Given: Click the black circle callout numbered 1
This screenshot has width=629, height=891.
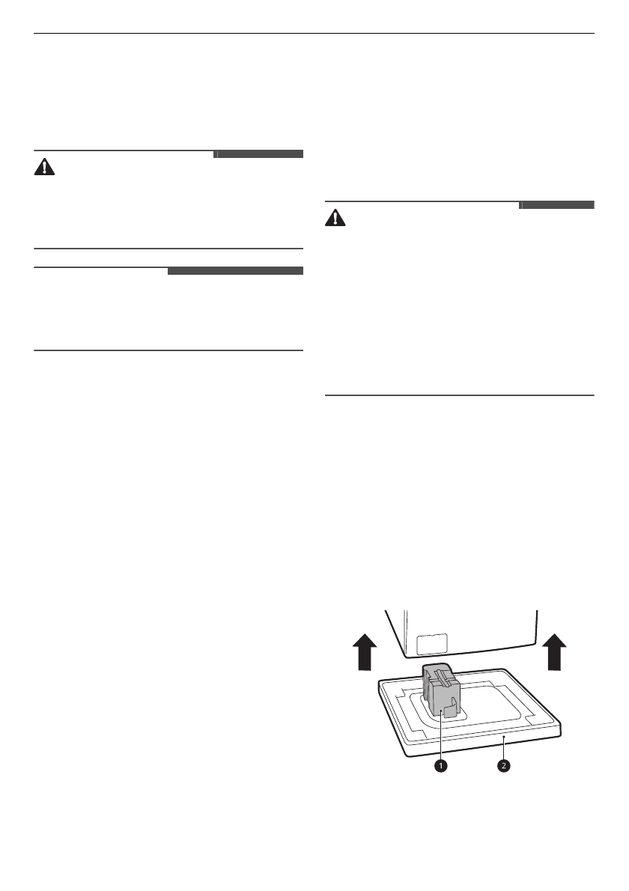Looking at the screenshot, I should [x=442, y=766].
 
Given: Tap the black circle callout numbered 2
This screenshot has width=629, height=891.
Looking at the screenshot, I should [x=505, y=766].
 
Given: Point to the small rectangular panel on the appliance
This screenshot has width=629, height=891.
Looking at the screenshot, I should [x=431, y=642].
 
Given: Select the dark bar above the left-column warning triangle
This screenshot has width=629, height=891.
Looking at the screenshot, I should [x=258, y=154].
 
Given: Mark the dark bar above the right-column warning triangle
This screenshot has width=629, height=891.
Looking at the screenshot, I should [x=556, y=205].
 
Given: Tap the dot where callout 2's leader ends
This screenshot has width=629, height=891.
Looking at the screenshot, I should [x=505, y=738].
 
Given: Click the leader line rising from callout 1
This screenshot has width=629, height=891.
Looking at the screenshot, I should [x=442, y=738].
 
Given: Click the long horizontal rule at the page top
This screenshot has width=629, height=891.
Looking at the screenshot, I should [x=314, y=33].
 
